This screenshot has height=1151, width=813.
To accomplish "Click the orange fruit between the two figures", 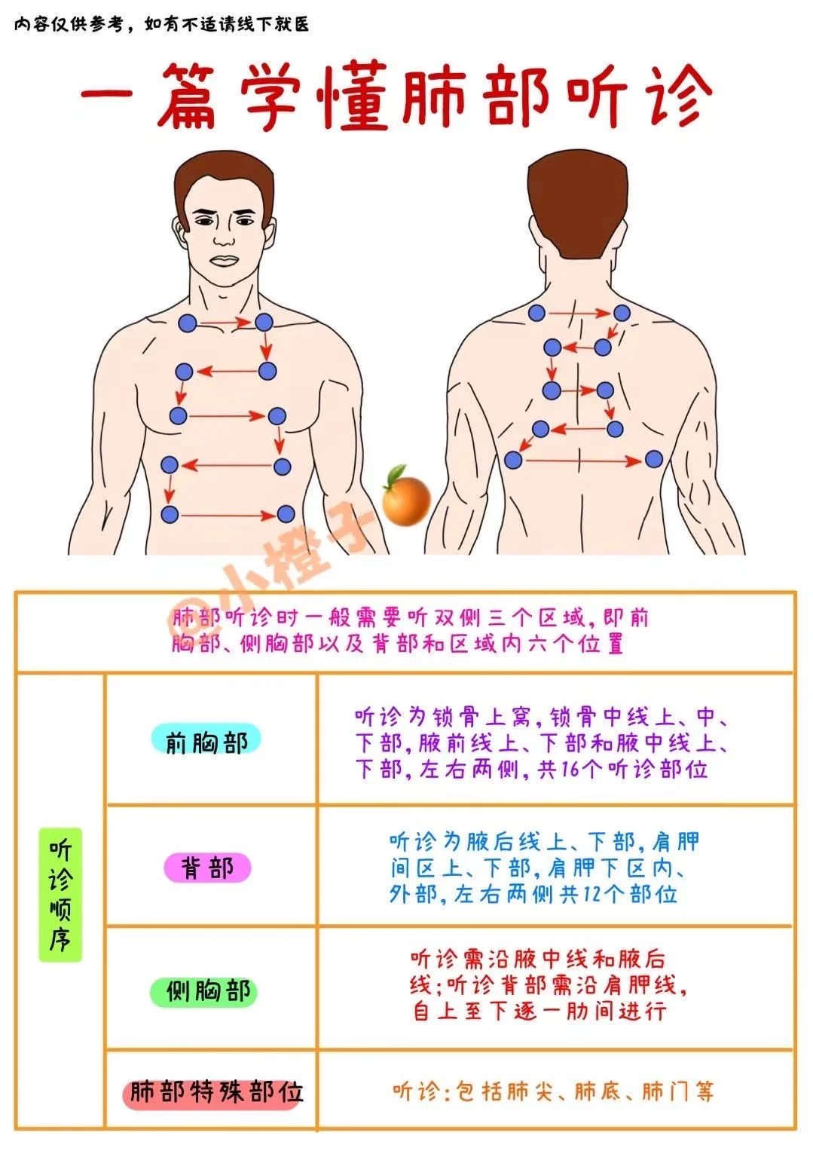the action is coord(405,498).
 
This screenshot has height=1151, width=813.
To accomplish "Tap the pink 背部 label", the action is coord(207,868).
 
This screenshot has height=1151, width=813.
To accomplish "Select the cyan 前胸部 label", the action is coord(205,742).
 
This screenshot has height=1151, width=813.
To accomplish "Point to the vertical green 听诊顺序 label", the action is coord(60,894).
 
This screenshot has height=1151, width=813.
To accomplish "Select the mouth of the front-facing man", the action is coord(225,261).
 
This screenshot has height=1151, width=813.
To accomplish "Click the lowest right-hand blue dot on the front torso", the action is coord(286,514).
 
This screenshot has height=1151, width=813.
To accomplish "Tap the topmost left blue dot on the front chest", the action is coord(187,323).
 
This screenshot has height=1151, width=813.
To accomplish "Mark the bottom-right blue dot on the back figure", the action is coord(653,458).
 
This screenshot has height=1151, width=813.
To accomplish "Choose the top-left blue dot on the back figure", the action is coord(536,312).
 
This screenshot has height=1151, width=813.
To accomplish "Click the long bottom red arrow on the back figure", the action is coord(582,460).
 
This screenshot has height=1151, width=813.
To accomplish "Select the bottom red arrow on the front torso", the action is coord(228,516).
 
